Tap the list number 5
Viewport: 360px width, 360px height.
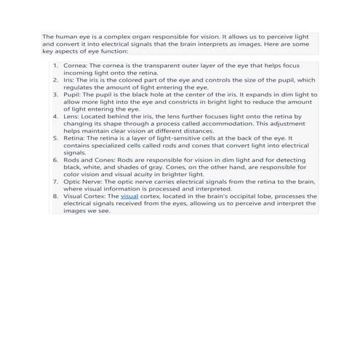tap(55, 138)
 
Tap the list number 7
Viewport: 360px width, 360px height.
tap(55, 182)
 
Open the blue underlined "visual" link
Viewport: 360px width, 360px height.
tap(129, 196)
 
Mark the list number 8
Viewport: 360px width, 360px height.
tap(55, 196)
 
